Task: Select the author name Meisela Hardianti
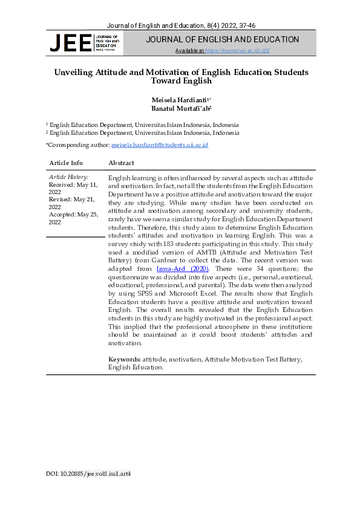(x=178, y=99)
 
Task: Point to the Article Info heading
(x=66, y=163)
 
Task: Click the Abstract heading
(x=121, y=163)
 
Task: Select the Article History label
(x=68, y=177)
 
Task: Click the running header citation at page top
(x=180, y=25)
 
